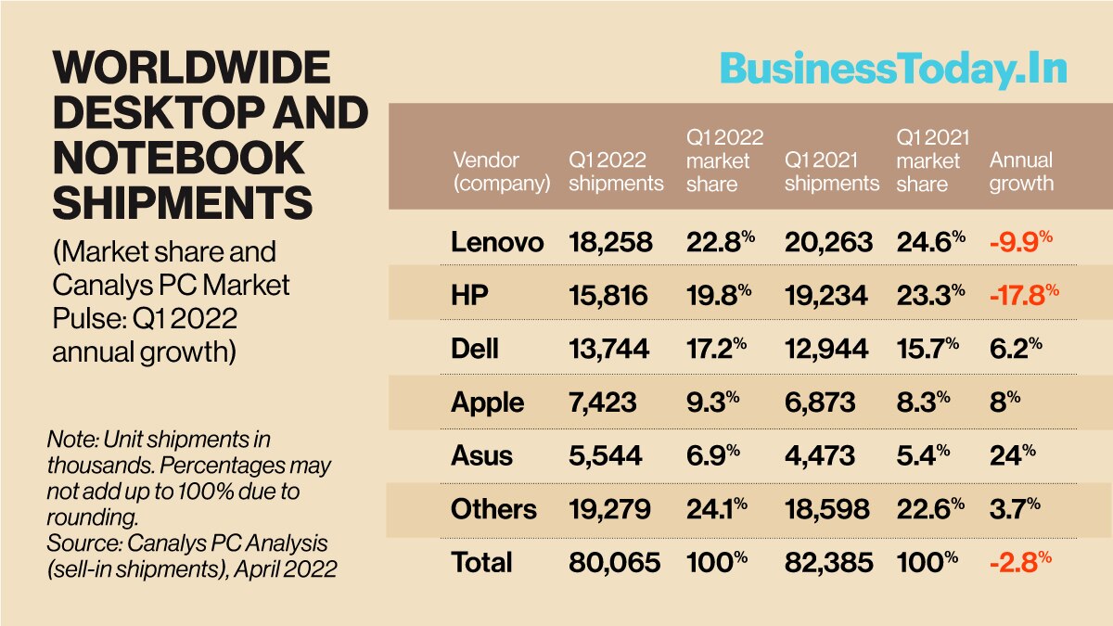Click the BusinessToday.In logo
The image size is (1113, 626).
(893, 70)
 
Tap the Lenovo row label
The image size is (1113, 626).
(497, 242)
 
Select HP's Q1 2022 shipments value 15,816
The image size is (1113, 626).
(608, 296)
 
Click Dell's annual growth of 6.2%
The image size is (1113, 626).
(1015, 349)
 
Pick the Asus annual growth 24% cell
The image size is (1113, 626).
(1009, 455)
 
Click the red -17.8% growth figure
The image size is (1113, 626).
(1023, 296)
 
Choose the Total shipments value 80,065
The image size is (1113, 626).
(614, 562)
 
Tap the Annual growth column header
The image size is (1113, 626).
(1021, 172)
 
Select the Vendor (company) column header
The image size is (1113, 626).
(500, 172)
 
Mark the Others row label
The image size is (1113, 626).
(493, 509)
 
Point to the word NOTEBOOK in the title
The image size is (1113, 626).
(178, 157)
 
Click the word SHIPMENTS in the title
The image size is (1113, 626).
(182, 201)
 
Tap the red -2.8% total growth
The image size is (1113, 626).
(1019, 562)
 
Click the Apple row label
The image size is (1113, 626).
(487, 402)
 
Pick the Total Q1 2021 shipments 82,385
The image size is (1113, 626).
(827, 562)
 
